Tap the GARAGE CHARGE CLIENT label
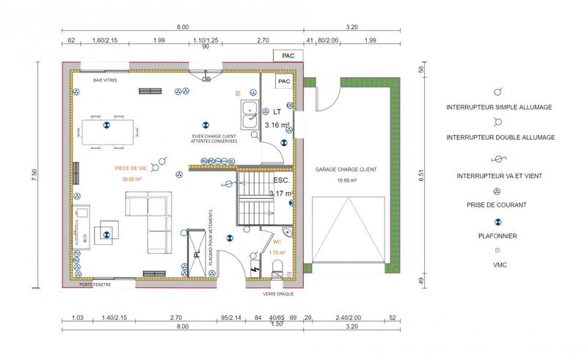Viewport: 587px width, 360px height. click(x=346, y=169)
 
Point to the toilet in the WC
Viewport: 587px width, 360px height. click(x=277, y=268)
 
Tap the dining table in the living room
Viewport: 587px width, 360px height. click(x=108, y=131)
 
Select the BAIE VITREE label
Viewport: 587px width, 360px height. click(x=106, y=78)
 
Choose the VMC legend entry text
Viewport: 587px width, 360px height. click(x=499, y=265)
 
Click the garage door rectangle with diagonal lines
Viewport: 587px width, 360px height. click(x=348, y=230)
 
